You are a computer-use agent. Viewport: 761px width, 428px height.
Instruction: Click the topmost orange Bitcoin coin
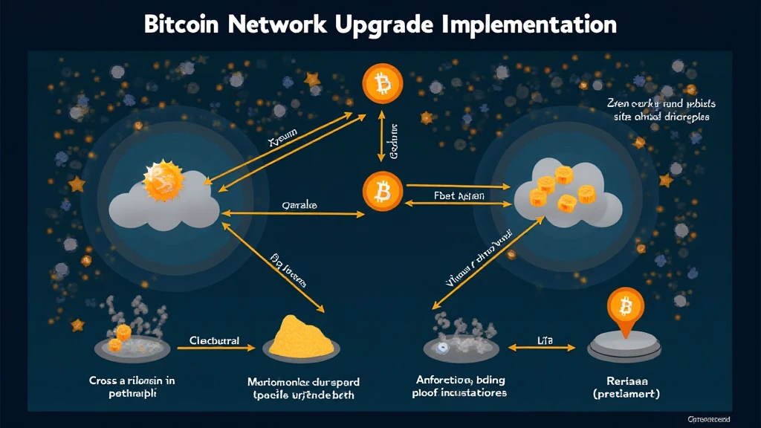[382, 83]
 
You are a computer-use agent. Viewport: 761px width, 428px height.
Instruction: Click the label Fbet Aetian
[459, 196]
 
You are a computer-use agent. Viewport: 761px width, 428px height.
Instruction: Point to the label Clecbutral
[214, 341]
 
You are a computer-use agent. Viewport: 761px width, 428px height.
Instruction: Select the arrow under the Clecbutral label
[216, 348]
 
